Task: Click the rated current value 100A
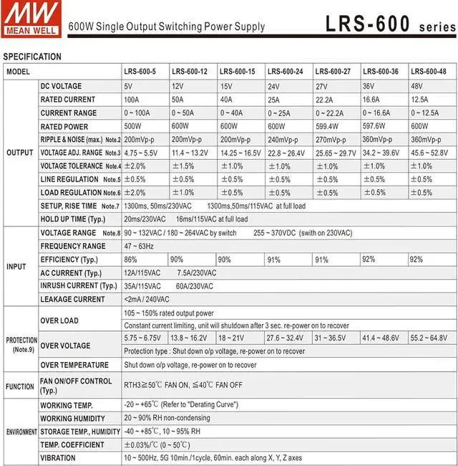[x=132, y=99]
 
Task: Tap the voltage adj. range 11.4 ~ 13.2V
[x=189, y=153]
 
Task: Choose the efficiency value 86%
[x=130, y=260]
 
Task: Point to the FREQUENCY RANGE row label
[x=73, y=246]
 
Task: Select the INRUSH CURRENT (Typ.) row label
[x=79, y=285]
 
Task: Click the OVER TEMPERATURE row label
[x=74, y=365]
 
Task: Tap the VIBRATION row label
[x=58, y=458]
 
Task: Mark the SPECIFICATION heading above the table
[x=32, y=57]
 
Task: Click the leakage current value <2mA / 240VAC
[x=147, y=299]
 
